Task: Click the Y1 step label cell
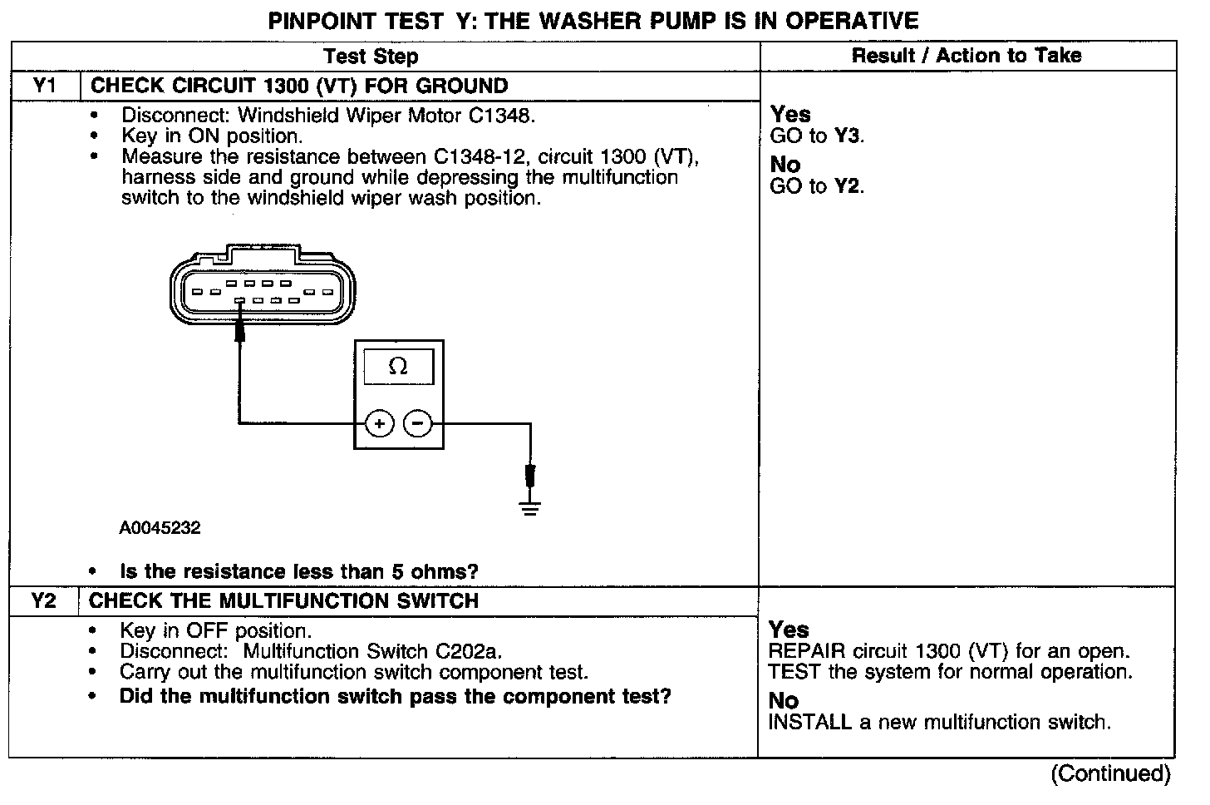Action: click(44, 86)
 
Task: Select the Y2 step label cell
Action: click(44, 601)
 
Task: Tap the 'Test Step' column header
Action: click(371, 57)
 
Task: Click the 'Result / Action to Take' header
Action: click(967, 56)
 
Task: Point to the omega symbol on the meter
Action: click(398, 367)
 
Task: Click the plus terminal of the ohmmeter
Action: click(379, 424)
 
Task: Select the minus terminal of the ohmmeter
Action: click(417, 424)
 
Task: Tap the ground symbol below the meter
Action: click(529, 507)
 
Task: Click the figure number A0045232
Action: click(160, 528)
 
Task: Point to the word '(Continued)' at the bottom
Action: click(1110, 774)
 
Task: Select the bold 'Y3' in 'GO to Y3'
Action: click(848, 137)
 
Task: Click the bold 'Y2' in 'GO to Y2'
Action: click(848, 187)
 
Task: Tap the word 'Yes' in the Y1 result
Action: click(790, 114)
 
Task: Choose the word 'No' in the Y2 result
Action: click(784, 701)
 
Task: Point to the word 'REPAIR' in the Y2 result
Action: click(804, 652)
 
